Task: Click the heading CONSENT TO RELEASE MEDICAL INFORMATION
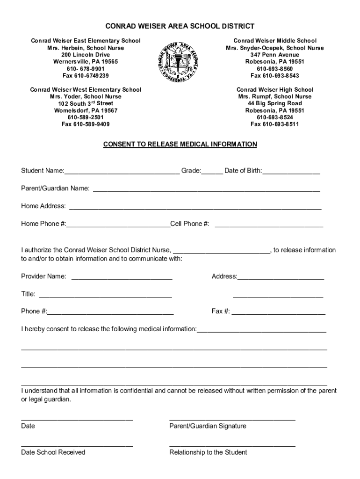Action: coord(180,144)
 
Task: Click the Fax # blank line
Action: coord(279,312)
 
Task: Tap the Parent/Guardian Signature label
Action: coord(208,426)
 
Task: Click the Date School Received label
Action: coord(53,452)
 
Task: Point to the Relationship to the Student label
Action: coord(208,452)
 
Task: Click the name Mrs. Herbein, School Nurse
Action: coord(85,48)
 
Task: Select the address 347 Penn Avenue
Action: coord(274,55)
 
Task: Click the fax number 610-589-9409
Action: coord(86,124)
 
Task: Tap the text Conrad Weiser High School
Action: coord(275,89)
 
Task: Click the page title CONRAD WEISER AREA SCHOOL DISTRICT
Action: coord(180,26)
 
